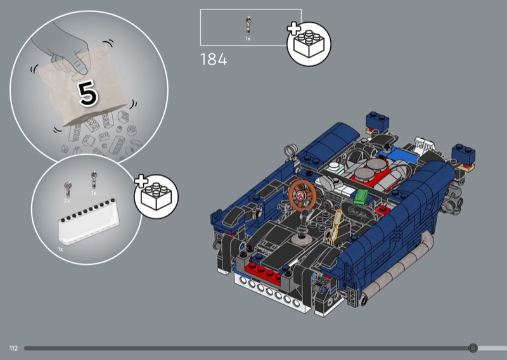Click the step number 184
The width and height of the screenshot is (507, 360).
coord(214,60)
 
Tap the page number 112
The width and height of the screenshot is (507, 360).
coord(13,348)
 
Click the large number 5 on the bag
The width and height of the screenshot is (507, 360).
coord(88,93)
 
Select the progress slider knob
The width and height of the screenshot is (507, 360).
coord(473,348)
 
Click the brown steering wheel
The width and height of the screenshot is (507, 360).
coord(302,195)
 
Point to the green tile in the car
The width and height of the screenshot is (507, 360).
coord(361,196)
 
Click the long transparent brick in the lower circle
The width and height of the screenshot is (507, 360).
coord(88,222)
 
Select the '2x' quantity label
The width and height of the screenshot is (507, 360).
coord(67,201)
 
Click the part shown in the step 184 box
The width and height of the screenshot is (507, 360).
coord(248,25)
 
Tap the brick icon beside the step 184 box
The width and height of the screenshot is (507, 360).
coord(309,44)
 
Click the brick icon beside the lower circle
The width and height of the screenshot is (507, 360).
coord(156,196)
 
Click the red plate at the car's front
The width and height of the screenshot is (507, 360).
coord(262,273)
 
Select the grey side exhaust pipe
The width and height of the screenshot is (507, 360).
coord(398,269)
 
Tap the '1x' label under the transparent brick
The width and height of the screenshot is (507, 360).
coord(60,249)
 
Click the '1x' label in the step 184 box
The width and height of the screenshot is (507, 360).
coord(248,39)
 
